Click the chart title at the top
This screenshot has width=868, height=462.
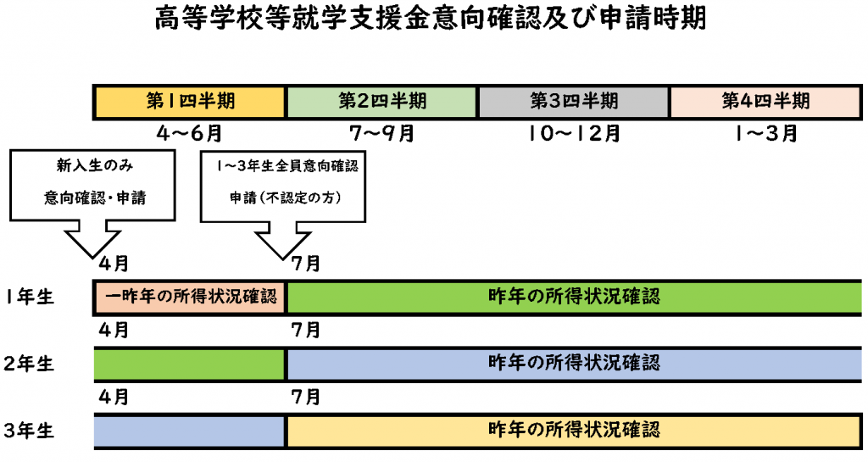click(x=430, y=18)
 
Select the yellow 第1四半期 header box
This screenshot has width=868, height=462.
click(x=190, y=102)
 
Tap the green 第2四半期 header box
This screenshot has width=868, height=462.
click(x=382, y=102)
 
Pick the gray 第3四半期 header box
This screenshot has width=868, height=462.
click(x=574, y=102)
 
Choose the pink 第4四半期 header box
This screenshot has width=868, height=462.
click(x=765, y=102)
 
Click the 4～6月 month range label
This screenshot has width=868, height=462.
click(x=189, y=133)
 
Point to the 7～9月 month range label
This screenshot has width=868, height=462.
click(x=382, y=133)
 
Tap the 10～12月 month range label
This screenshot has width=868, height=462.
click(x=574, y=133)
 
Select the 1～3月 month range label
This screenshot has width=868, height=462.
click(x=766, y=133)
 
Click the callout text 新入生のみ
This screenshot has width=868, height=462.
click(x=95, y=165)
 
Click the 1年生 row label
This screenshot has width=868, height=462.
click(x=30, y=297)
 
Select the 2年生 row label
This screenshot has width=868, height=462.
click(x=28, y=364)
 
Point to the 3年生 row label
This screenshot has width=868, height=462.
click(x=28, y=431)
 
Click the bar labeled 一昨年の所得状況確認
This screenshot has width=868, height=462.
click(x=190, y=298)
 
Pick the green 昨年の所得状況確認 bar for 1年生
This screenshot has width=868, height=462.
click(x=574, y=298)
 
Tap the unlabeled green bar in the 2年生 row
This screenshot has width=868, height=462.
click(x=189, y=365)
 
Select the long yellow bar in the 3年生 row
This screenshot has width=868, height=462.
click(x=574, y=431)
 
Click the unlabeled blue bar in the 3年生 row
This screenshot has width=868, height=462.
click(x=189, y=431)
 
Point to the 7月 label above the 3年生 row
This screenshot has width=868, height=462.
click(x=306, y=397)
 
